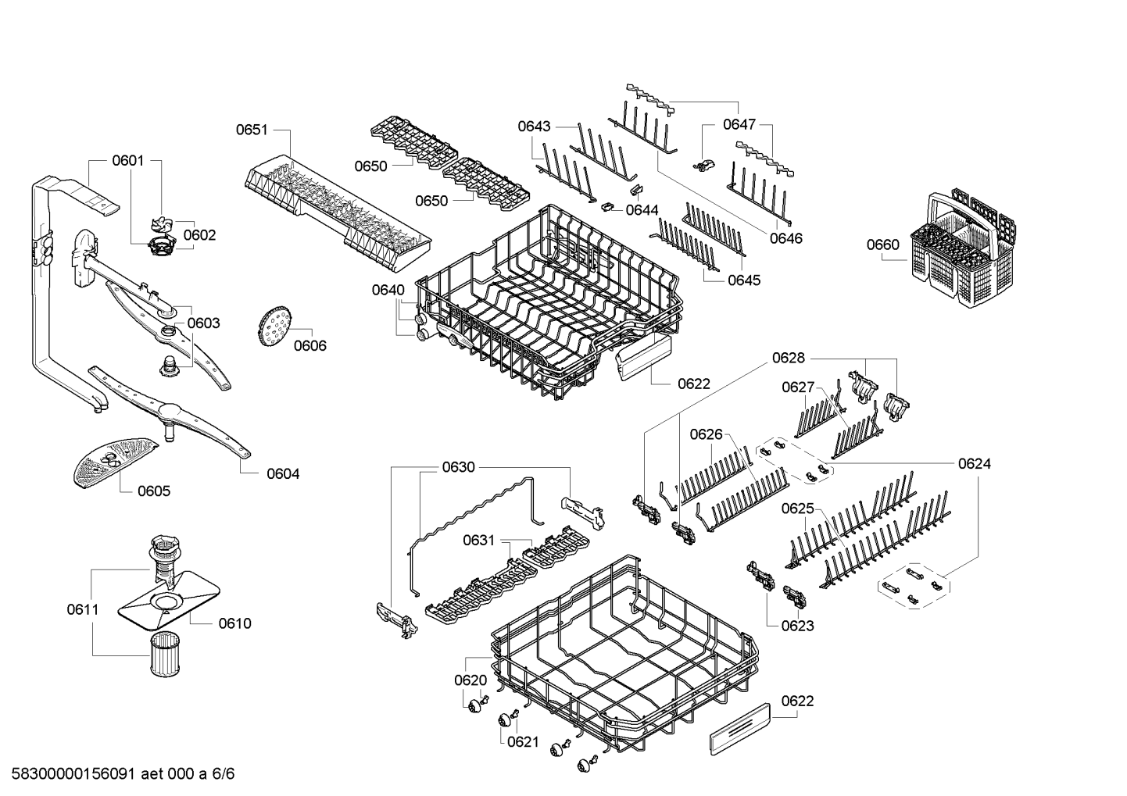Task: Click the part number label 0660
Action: coord(882,245)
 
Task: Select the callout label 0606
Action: coord(309,345)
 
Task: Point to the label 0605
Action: coord(153,491)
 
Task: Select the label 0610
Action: coord(234,623)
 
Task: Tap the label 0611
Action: coord(83,609)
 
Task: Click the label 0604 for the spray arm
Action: coord(282,473)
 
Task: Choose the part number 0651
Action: coord(252,130)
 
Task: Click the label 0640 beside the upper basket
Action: coord(388,290)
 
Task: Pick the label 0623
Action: coord(797,625)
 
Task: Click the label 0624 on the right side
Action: coord(974,463)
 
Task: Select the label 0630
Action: coord(458,467)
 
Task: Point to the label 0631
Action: coord(478,540)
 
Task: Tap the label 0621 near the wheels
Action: coord(523,741)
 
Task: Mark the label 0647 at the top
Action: coord(739,123)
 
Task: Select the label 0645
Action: coord(743,280)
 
